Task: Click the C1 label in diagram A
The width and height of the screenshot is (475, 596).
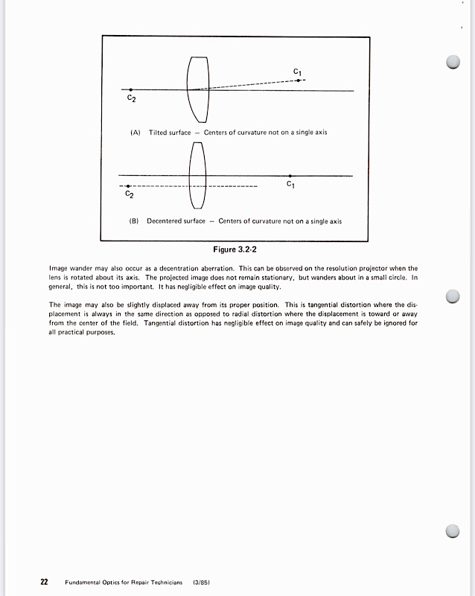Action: click(x=297, y=72)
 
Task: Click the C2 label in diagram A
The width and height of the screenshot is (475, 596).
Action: click(x=131, y=98)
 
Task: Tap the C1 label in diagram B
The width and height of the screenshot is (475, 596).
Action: click(x=290, y=186)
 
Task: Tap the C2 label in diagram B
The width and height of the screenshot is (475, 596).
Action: click(x=130, y=194)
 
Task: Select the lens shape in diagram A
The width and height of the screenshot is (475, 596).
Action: click(x=197, y=88)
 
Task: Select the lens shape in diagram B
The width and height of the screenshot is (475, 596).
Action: click(x=197, y=177)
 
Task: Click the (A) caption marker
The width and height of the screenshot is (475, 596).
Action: click(x=136, y=133)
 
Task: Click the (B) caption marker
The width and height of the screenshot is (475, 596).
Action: click(x=134, y=221)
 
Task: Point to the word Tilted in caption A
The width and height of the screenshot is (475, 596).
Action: click(x=159, y=133)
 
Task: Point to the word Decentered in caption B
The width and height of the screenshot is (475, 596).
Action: click(x=165, y=221)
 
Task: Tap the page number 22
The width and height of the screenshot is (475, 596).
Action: click(x=44, y=581)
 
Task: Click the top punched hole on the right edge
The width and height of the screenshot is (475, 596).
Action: click(x=452, y=63)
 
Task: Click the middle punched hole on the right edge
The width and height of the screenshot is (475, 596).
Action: click(x=452, y=297)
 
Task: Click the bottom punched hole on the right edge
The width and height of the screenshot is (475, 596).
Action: click(x=452, y=530)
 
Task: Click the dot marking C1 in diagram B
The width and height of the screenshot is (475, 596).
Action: click(x=290, y=176)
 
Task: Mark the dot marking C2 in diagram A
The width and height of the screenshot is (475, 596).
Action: click(x=131, y=89)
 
